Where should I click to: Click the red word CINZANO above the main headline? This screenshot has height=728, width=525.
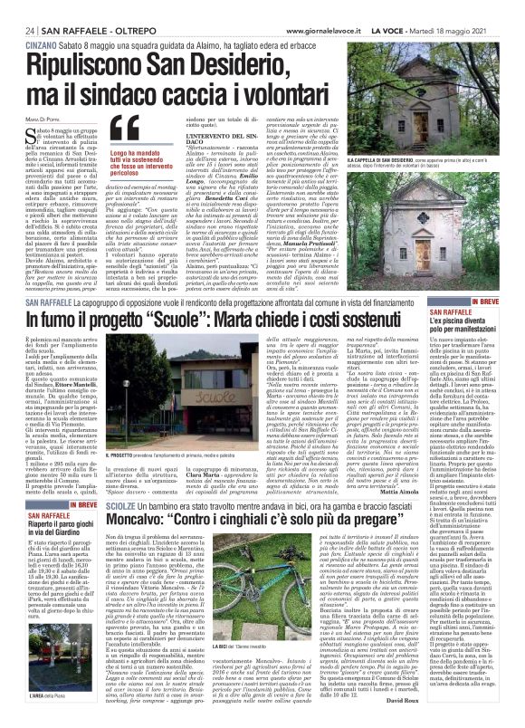tap(37, 30)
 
